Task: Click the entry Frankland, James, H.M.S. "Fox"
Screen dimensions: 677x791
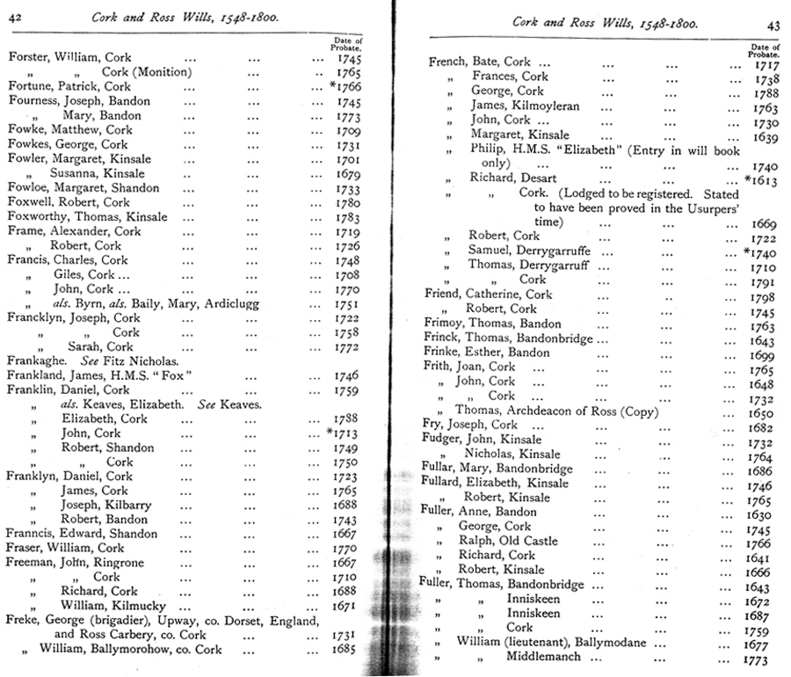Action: pos(99,375)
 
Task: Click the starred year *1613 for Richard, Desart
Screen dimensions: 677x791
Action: pos(761,179)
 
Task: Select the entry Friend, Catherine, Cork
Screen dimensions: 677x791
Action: pos(488,295)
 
